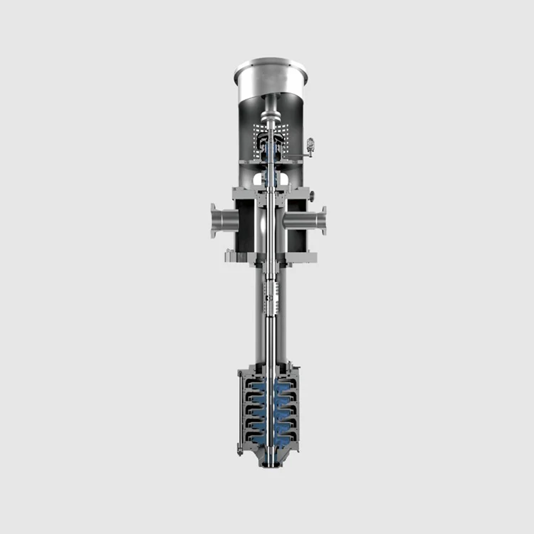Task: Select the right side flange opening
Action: [324, 220]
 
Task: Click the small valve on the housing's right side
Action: [310, 147]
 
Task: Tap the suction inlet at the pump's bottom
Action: [271, 463]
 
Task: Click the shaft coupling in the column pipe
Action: [271, 292]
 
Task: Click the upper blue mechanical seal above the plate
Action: [271, 150]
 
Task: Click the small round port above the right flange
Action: [311, 196]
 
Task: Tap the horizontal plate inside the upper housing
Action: [271, 162]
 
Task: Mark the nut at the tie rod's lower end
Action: [240, 450]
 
